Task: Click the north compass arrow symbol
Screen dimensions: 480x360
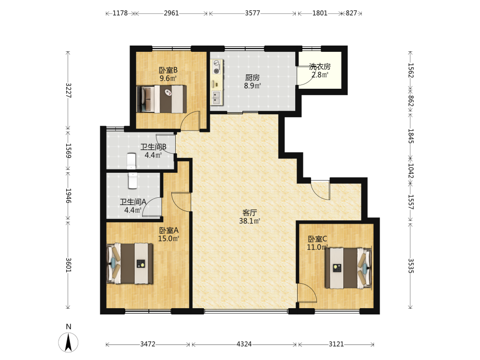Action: [x=68, y=342]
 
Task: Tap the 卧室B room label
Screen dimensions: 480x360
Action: [x=168, y=70]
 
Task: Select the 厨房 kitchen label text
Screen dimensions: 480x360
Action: [x=252, y=78]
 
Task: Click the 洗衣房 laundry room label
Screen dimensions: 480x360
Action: [x=320, y=66]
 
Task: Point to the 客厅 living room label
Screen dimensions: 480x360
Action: [x=250, y=213]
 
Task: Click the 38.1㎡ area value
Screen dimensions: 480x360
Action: [x=250, y=221]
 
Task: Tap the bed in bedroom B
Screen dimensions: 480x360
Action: [x=162, y=99]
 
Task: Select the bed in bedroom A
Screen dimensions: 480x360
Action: [x=130, y=263]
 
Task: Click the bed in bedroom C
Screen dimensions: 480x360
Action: [x=348, y=268]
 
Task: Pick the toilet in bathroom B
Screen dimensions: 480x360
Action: [x=132, y=161]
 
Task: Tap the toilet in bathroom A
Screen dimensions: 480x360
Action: [x=133, y=180]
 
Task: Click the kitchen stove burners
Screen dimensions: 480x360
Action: [x=217, y=67]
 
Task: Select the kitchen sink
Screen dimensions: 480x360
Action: [x=216, y=97]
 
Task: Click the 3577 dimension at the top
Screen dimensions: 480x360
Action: [x=252, y=13]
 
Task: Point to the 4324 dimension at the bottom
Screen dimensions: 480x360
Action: [x=244, y=344]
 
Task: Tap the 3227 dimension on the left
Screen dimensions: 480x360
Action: [x=68, y=90]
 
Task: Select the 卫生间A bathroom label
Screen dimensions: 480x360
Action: [x=133, y=202]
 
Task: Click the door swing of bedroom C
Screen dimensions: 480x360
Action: [x=308, y=293]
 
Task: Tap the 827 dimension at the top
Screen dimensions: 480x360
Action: [x=351, y=13]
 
